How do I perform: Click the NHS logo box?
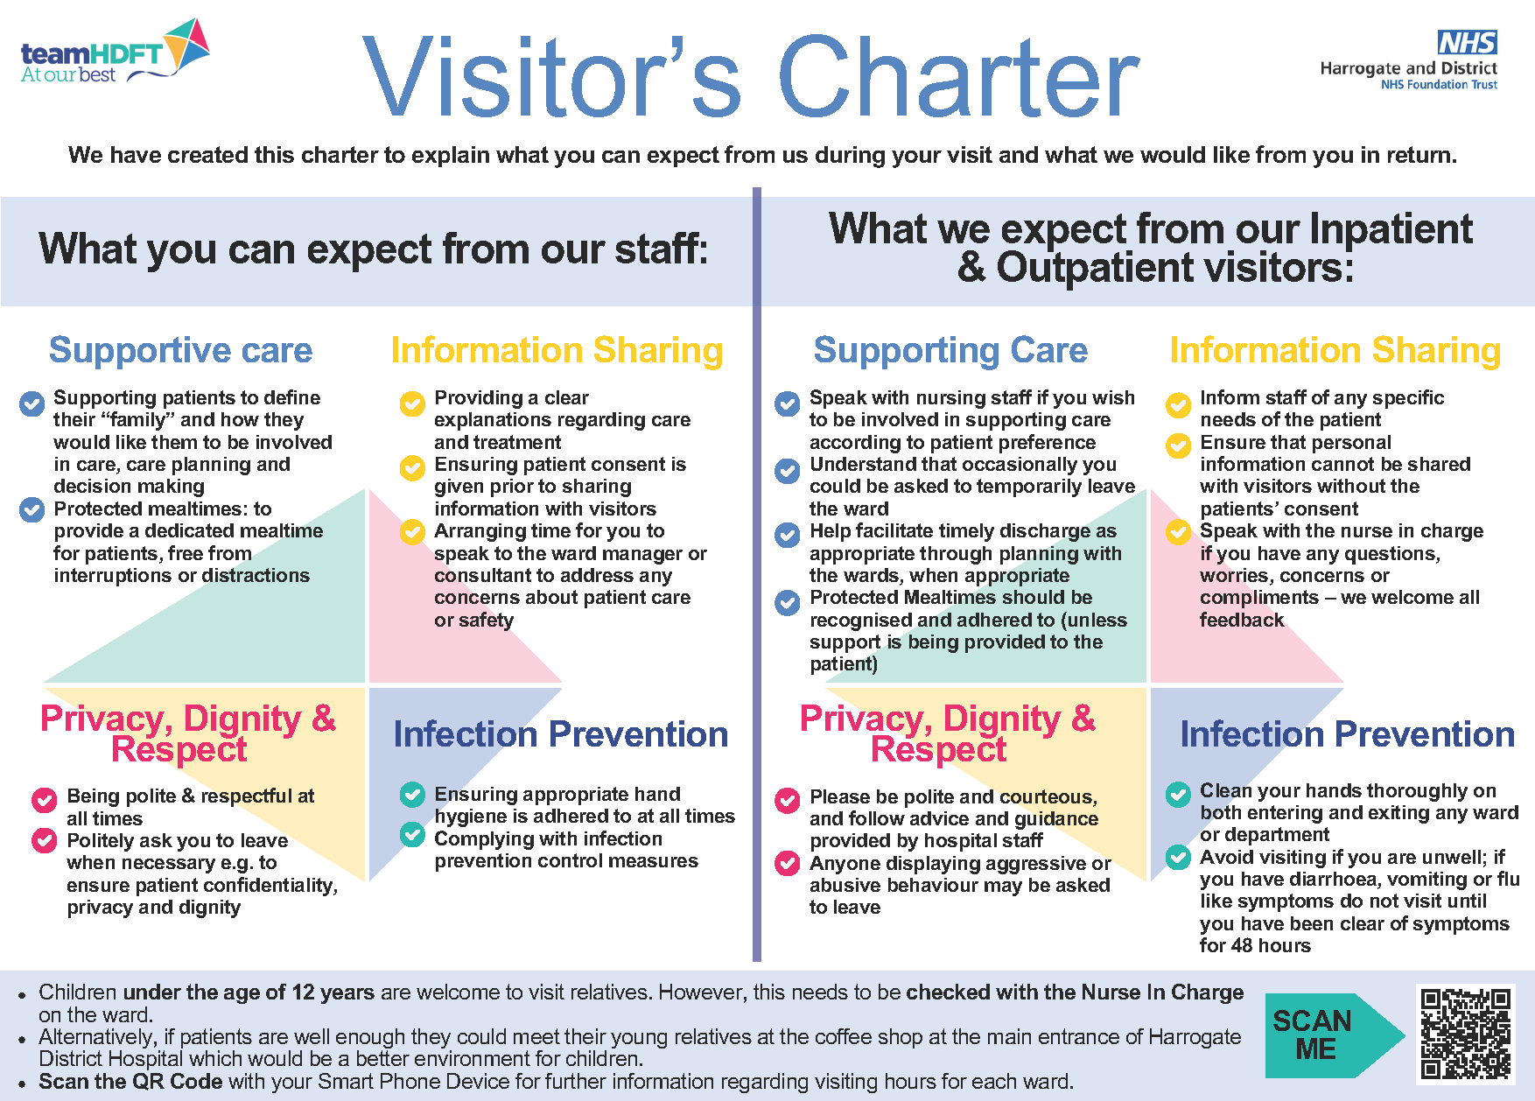[1467, 42]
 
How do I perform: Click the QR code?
[1466, 1034]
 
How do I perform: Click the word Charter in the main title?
[958, 77]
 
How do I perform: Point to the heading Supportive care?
[180, 350]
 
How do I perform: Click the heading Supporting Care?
[950, 350]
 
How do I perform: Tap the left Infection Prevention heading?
[560, 734]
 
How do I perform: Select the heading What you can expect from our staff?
[373, 249]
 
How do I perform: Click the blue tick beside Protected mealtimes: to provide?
[32, 509]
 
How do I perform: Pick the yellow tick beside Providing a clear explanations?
[412, 403]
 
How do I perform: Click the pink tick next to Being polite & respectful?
[44, 800]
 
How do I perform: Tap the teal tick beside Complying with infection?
[412, 834]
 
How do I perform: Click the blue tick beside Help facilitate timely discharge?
[788, 535]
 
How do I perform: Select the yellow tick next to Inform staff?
[1179, 404]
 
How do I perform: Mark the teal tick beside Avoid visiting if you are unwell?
[1178, 856]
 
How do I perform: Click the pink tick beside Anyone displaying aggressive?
[788, 864]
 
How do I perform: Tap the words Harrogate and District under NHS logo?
[1408, 68]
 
